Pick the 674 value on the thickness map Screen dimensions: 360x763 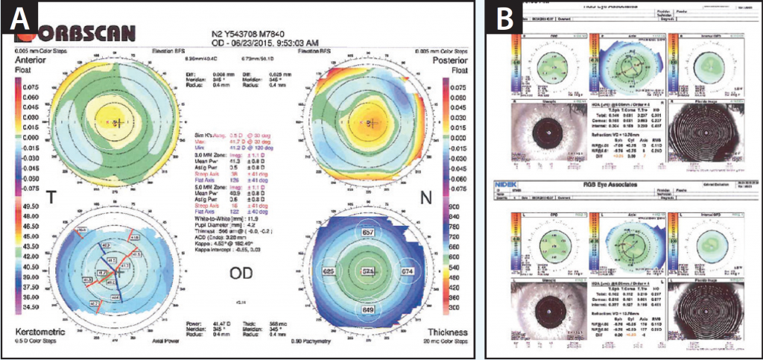(x=407, y=271)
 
